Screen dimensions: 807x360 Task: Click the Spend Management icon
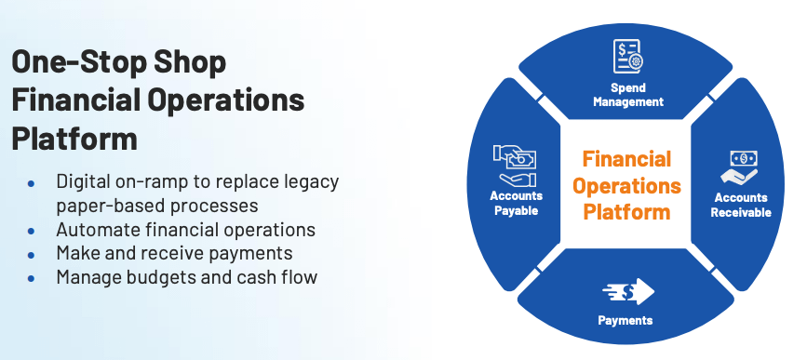(628, 57)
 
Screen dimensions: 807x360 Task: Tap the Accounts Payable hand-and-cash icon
(515, 166)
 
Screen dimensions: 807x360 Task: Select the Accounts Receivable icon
(739, 167)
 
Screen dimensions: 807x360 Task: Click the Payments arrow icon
(628, 291)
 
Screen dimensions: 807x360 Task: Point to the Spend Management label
(628, 95)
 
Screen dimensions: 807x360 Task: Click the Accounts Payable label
(517, 203)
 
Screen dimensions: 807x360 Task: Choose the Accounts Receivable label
(741, 205)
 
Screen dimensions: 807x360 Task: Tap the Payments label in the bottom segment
(625, 320)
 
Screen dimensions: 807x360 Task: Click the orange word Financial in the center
(626, 159)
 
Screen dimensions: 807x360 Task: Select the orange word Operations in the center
(626, 186)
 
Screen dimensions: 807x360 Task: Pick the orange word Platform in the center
(626, 211)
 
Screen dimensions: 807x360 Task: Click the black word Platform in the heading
(74, 138)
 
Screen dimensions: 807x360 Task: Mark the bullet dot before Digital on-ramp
(32, 182)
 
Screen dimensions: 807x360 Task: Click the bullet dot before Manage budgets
(32, 278)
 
